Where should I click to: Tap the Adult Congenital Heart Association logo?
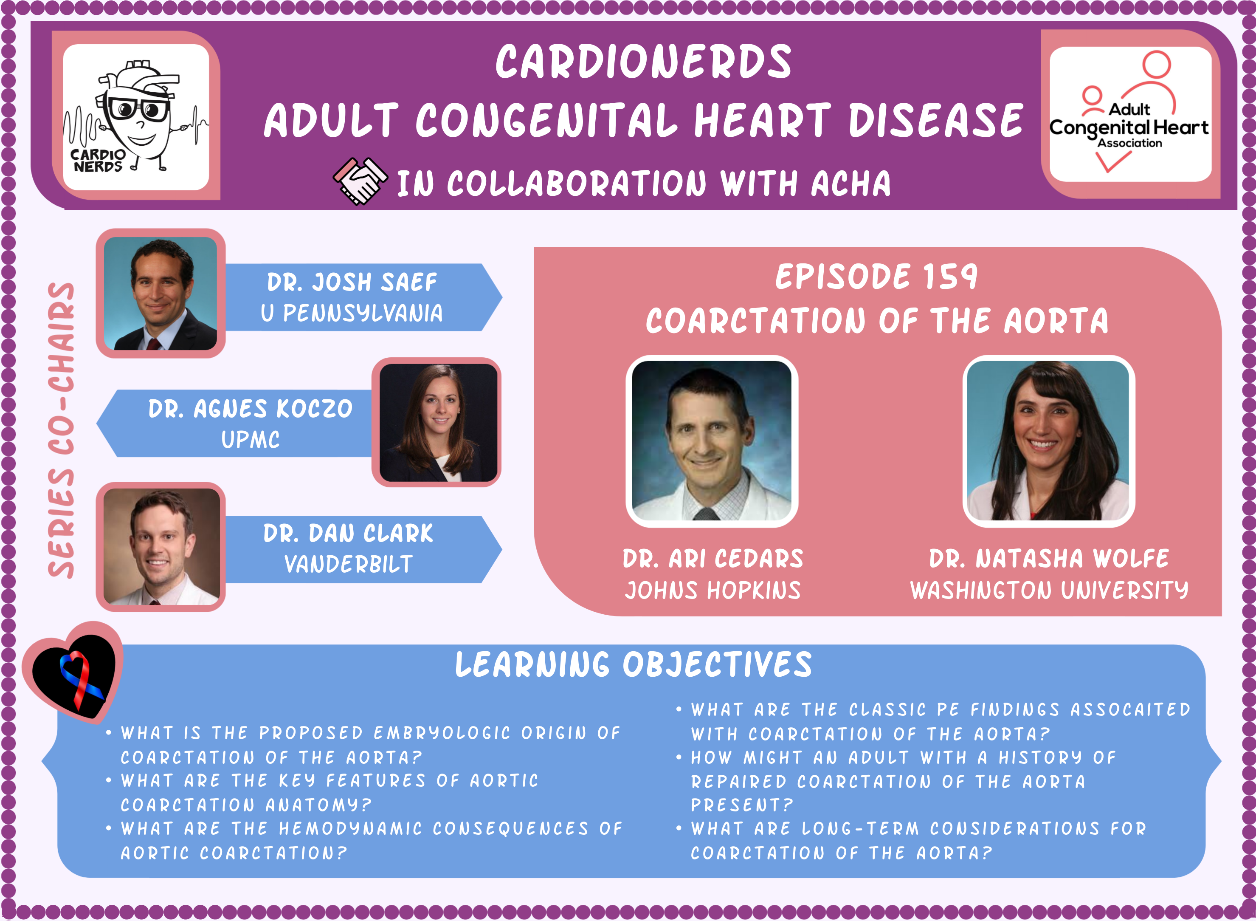pos(1130,114)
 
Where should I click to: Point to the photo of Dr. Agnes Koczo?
pos(438,423)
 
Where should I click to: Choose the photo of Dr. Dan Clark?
pos(162,547)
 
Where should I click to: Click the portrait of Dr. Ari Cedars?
pos(712,441)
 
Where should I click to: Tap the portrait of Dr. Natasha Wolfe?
pos(1048,441)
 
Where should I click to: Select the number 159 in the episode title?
pos(951,277)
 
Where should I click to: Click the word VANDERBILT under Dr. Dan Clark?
pos(348,564)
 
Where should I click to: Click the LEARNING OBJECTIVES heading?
pos(634,664)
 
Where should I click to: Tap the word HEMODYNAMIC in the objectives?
pos(350,828)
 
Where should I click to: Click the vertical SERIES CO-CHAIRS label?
pos(61,430)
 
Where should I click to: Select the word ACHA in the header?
pos(851,184)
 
